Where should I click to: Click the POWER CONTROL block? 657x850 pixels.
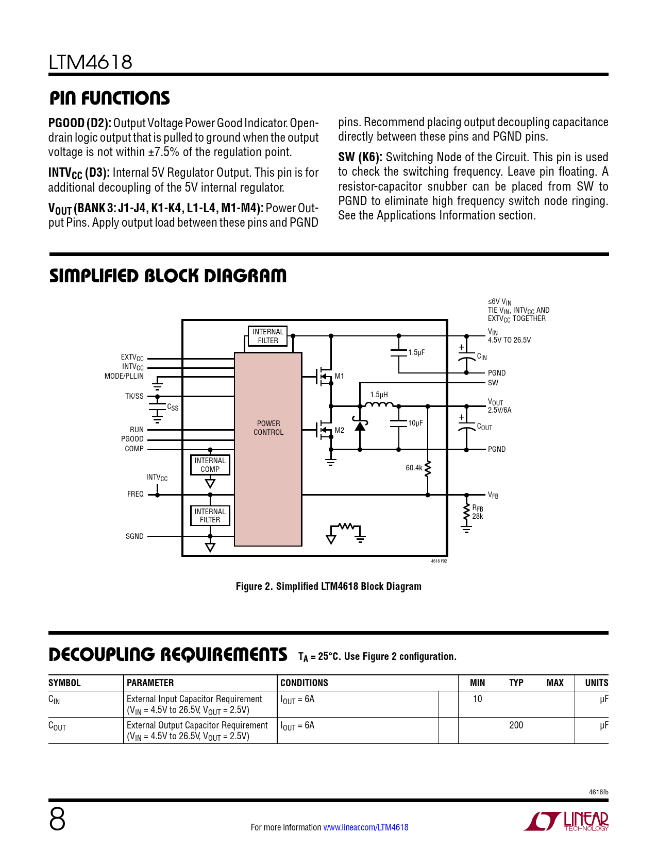point(268,428)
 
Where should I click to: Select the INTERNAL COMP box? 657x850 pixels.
point(210,465)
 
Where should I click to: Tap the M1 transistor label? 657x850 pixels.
point(339,377)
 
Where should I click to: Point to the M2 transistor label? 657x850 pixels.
point(339,430)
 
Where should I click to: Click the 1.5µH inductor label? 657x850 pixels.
point(379,395)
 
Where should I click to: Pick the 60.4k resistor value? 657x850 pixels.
point(414,468)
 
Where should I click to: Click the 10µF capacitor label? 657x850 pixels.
point(415,423)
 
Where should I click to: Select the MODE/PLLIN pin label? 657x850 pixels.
point(124,376)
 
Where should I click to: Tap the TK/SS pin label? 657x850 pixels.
point(134,396)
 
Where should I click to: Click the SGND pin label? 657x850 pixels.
point(134,536)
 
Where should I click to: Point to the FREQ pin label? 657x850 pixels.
point(136,494)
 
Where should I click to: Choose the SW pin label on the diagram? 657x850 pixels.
point(493,383)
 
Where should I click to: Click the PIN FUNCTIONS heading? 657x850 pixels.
point(109,98)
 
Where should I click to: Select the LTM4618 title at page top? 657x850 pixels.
point(91,62)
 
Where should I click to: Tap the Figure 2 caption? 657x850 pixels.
point(328,586)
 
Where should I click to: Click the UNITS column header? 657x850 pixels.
point(596,683)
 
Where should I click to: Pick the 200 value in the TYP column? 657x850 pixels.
point(516,725)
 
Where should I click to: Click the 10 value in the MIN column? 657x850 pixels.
point(478,699)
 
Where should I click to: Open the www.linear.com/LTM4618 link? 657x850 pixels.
point(365,827)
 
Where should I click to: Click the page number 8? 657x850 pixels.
point(57,820)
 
